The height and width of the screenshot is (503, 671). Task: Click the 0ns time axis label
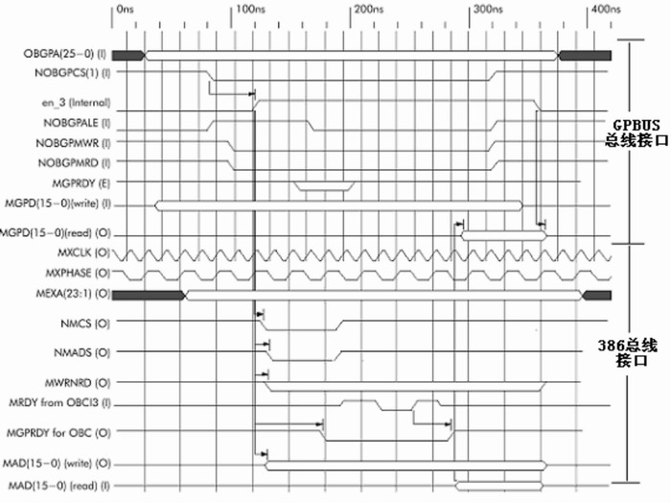click(125, 10)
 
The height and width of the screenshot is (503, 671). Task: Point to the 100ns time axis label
click(250, 10)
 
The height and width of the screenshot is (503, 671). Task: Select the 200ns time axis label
click(369, 10)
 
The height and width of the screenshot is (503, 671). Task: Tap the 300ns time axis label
click(488, 10)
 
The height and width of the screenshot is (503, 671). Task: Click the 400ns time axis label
click(606, 10)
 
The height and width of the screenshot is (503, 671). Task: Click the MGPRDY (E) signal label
click(81, 183)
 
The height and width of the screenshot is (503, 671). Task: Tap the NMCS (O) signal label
click(85, 323)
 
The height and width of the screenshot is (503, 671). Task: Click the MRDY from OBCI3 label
click(59, 403)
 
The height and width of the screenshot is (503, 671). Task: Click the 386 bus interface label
click(627, 352)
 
